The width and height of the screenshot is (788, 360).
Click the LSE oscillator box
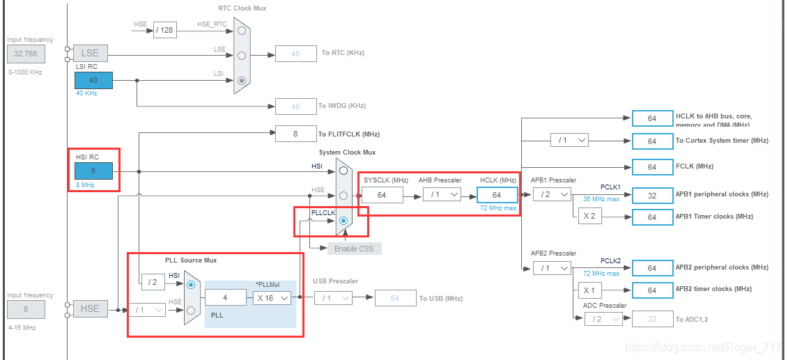[x=90, y=53]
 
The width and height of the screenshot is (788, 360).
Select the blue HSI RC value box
[x=93, y=171]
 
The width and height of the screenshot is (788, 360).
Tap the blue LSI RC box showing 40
[x=93, y=80]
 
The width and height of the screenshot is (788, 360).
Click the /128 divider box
[x=165, y=30]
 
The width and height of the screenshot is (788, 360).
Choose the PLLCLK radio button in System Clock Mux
[x=343, y=221]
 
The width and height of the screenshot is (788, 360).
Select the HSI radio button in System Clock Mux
[x=343, y=170]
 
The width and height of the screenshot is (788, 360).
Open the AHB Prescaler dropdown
[x=442, y=195]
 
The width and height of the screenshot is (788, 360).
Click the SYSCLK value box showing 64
[x=382, y=195]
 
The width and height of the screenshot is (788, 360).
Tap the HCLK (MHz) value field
[x=497, y=195]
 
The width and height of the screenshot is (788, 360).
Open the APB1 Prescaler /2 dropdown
[x=552, y=195]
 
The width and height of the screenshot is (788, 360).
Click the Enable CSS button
[x=355, y=249]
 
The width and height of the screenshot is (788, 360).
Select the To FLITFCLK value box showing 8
[x=295, y=134]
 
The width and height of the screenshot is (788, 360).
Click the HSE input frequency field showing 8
[x=26, y=309]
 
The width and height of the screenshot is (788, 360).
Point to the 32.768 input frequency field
[x=26, y=53]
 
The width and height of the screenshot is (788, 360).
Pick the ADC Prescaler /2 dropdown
[x=603, y=319]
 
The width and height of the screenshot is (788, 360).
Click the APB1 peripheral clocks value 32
[x=652, y=196]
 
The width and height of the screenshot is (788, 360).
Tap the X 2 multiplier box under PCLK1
[x=589, y=217]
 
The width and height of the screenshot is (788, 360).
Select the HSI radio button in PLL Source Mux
[x=191, y=283]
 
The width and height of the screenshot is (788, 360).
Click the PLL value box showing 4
[x=226, y=297]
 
